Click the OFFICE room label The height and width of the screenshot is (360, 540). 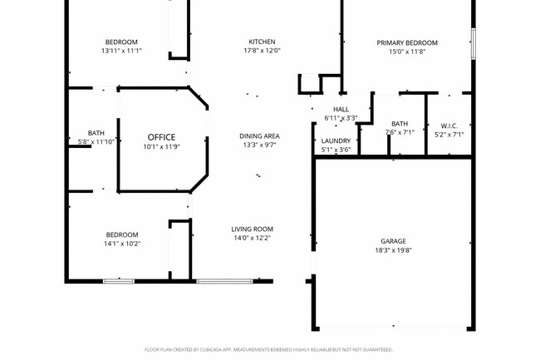click(162, 136)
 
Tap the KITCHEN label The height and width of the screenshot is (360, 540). click(262, 42)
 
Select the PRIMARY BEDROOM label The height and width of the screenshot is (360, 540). click(406, 42)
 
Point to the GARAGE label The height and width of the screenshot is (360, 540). click(393, 241)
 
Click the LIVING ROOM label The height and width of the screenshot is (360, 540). click(252, 229)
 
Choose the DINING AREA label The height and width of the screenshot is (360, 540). click(258, 136)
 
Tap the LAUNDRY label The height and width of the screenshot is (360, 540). click(336, 141)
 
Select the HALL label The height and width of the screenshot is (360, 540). click(341, 109)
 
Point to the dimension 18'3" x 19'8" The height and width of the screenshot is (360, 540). click(393, 250)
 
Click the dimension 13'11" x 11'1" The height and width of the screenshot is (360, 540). click(121, 51)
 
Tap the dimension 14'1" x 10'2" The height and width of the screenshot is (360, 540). click(121, 244)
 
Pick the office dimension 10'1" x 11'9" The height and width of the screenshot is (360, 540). click(162, 146)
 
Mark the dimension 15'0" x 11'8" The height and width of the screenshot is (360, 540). click(406, 52)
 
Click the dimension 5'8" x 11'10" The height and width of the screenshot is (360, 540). click(96, 142)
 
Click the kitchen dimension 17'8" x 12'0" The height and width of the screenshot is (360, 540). click(262, 51)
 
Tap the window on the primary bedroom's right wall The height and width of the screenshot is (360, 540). click(473, 43)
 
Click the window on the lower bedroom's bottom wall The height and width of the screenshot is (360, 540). click(119, 281)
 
